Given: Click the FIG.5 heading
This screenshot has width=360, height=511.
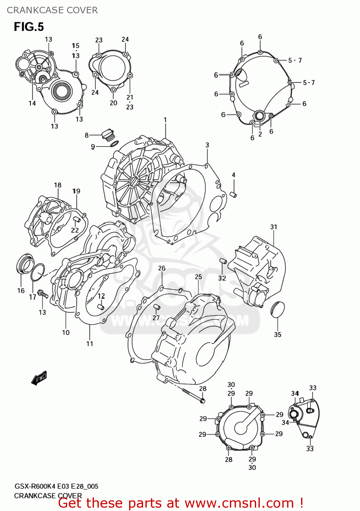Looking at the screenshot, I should (29, 27).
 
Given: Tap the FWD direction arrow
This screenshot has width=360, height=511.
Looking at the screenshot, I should (39, 378).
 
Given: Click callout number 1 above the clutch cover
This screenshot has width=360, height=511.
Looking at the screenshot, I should (165, 120).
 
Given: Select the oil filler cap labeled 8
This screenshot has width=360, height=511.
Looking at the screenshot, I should (108, 135).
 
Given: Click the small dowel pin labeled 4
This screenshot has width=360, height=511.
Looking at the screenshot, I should (234, 195).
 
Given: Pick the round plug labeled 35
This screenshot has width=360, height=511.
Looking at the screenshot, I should (277, 309).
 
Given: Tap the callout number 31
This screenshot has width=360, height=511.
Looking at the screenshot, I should (274, 227).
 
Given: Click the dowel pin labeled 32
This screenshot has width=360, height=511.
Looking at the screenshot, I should (223, 261).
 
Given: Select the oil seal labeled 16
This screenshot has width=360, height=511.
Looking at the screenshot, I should (25, 263).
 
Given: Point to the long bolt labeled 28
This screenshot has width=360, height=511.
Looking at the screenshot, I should (193, 395).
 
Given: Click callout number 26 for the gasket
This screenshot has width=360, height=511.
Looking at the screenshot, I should (162, 268).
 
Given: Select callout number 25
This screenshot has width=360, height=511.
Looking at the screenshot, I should (198, 277).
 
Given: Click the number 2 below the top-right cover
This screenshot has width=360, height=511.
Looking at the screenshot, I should (260, 134).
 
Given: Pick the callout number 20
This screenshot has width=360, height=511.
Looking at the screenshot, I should (113, 103).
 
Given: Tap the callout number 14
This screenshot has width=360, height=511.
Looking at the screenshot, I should (32, 103).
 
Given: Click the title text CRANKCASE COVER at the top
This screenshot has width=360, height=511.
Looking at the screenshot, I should (52, 10).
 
